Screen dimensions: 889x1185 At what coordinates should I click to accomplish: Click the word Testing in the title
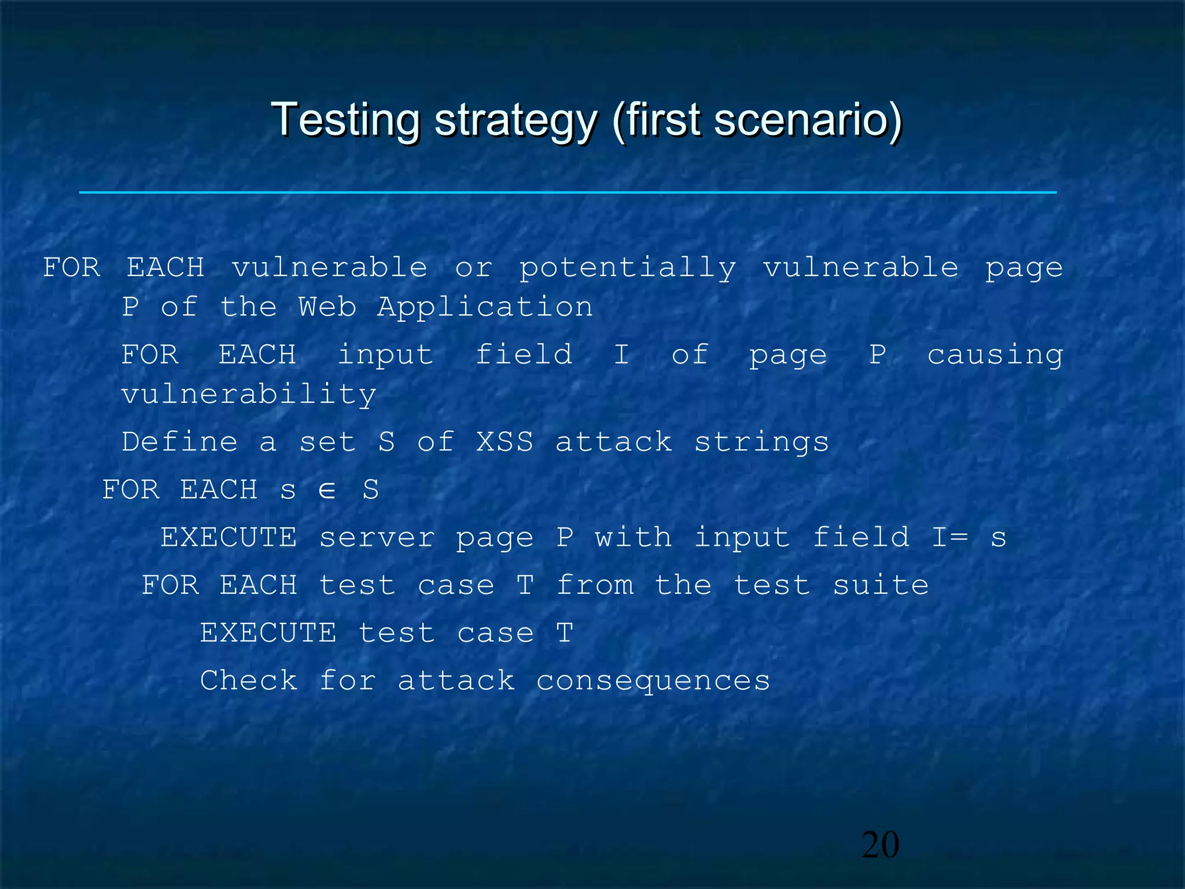345,120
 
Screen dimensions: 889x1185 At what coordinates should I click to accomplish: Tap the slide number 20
880,845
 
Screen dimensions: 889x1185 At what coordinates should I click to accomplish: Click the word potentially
627,268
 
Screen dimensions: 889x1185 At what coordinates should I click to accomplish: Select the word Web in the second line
327,307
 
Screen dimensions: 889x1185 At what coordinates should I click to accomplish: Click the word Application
485,307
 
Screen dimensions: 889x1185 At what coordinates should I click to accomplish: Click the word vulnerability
249,395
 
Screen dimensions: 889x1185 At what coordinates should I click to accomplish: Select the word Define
179,442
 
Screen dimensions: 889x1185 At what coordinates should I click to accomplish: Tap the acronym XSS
505,442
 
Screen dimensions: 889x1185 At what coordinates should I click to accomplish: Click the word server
377,538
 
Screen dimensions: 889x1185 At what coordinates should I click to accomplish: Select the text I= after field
950,538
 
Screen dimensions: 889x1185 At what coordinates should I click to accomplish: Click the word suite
881,585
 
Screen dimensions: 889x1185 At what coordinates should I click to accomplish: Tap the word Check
249,680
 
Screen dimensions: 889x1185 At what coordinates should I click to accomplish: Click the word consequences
653,681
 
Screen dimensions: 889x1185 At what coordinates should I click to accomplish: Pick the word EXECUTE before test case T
268,633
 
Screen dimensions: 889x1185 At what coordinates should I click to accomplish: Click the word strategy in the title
515,120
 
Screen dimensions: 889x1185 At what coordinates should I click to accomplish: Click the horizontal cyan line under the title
567,192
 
